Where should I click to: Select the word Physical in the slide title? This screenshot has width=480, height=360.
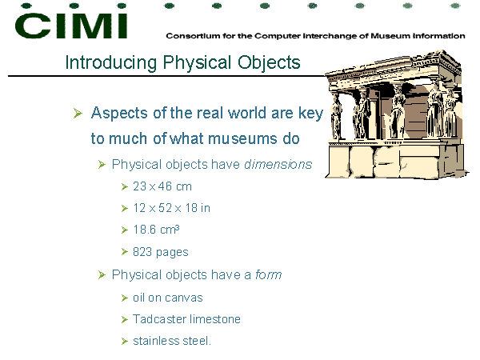(197, 62)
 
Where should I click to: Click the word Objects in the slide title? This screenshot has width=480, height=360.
(269, 62)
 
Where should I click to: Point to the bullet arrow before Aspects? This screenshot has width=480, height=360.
(78, 114)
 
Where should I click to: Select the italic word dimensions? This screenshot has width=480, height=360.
(278, 164)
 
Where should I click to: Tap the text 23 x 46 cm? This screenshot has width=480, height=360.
(162, 186)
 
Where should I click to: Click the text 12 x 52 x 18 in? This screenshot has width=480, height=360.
(171, 208)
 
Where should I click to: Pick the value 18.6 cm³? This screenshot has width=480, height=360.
(156, 230)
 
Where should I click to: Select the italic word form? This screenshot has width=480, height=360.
(269, 274)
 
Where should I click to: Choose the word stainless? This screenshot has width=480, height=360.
(156, 341)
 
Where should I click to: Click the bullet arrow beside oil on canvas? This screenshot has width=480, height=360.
(124, 298)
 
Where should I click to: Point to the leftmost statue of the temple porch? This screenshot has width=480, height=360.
(336, 117)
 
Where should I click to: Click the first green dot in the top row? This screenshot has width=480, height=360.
(26, 6)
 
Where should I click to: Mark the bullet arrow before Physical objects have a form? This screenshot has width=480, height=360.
(102, 275)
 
